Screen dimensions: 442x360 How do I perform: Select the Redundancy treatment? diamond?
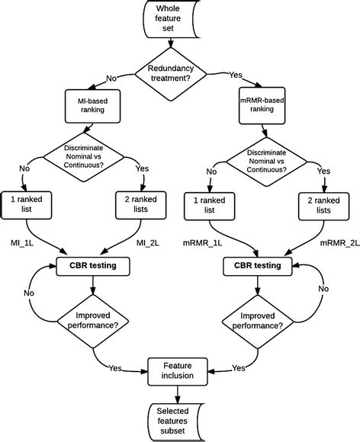point(178,74)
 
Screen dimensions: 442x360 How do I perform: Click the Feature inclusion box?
point(178,370)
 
